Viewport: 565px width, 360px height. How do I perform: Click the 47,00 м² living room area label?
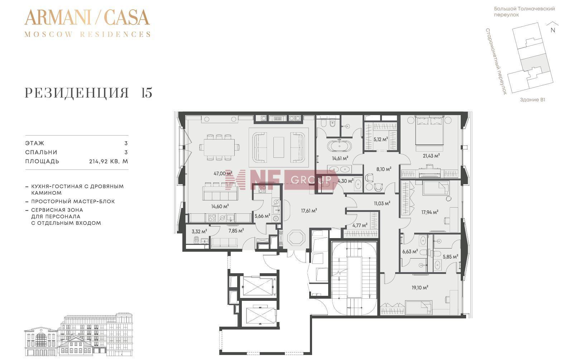(x=223, y=174)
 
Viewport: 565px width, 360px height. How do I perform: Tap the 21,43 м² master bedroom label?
(x=431, y=156)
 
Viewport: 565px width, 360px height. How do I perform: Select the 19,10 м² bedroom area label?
(x=420, y=287)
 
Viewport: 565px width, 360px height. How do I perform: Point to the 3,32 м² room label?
(x=199, y=231)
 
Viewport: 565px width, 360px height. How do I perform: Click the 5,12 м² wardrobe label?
(x=380, y=139)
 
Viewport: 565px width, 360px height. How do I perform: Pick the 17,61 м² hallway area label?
(x=309, y=210)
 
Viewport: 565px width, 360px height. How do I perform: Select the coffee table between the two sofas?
(x=278, y=147)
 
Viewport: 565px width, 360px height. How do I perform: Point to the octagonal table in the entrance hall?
(x=296, y=237)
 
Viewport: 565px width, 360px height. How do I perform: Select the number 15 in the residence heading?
(x=147, y=93)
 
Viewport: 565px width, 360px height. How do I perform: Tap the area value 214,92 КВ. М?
(x=109, y=161)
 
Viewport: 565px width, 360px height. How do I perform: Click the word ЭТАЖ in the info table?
(x=34, y=143)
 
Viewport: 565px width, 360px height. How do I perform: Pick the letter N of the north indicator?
(x=553, y=30)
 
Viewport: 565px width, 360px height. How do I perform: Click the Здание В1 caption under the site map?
(x=532, y=100)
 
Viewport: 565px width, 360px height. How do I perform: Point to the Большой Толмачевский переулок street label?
(x=524, y=11)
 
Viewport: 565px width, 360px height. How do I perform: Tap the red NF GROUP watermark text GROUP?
(x=311, y=180)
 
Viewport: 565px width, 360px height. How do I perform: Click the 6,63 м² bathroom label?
(x=410, y=251)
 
